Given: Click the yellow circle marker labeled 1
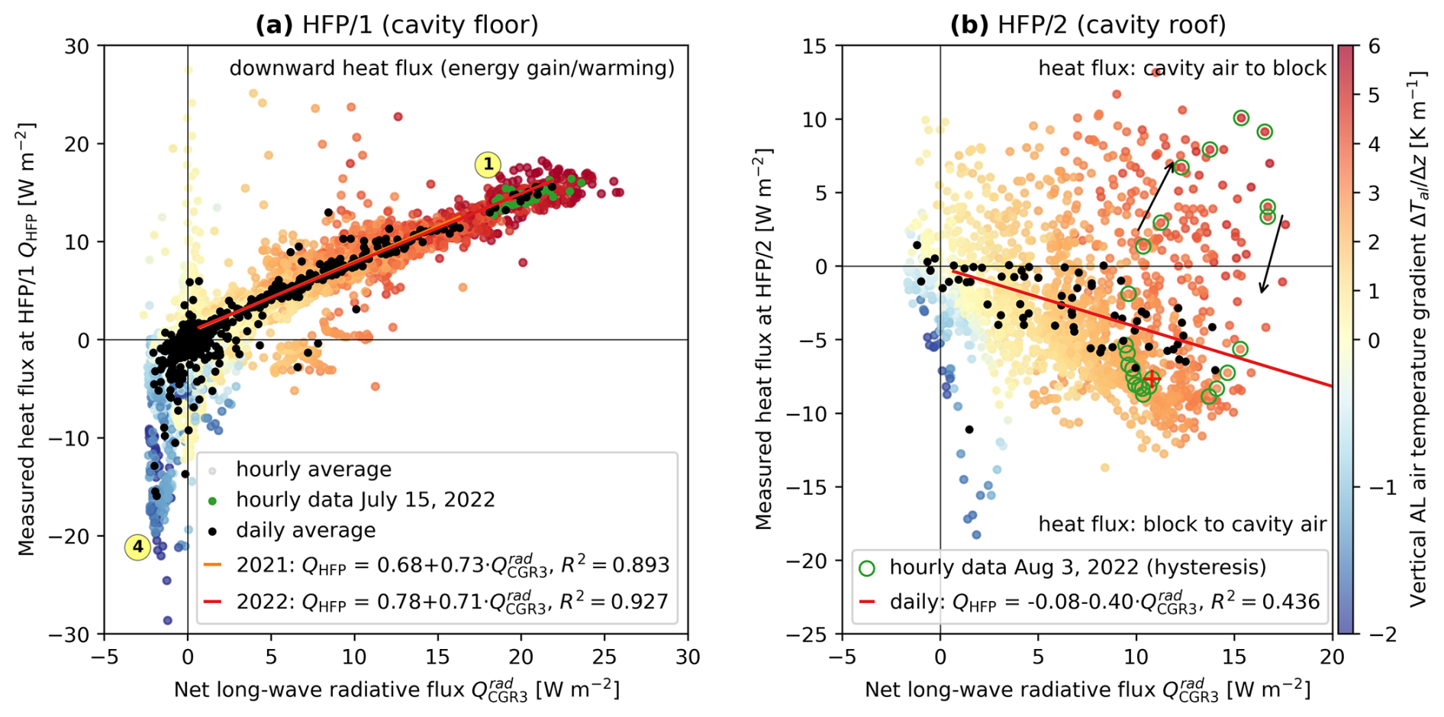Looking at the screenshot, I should [x=488, y=164].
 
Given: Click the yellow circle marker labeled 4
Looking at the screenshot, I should [x=137, y=547].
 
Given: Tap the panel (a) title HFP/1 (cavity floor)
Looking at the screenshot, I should [x=397, y=24].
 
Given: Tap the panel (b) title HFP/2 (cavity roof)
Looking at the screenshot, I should [x=1088, y=24].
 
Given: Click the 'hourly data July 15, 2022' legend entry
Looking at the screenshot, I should [x=365, y=500].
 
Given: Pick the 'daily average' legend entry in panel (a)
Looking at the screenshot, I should [x=305, y=531].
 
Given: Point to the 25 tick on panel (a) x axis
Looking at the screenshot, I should [x=604, y=656].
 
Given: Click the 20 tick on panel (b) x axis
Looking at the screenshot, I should [x=1332, y=656].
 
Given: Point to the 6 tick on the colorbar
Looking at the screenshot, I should [x=1374, y=47].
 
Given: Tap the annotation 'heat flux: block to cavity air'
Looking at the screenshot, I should [x=1182, y=524].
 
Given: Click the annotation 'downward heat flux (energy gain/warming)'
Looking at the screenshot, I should [x=452, y=69].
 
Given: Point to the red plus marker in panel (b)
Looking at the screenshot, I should [x=1151, y=378].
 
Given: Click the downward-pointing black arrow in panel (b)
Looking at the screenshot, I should [x=1271, y=254].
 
